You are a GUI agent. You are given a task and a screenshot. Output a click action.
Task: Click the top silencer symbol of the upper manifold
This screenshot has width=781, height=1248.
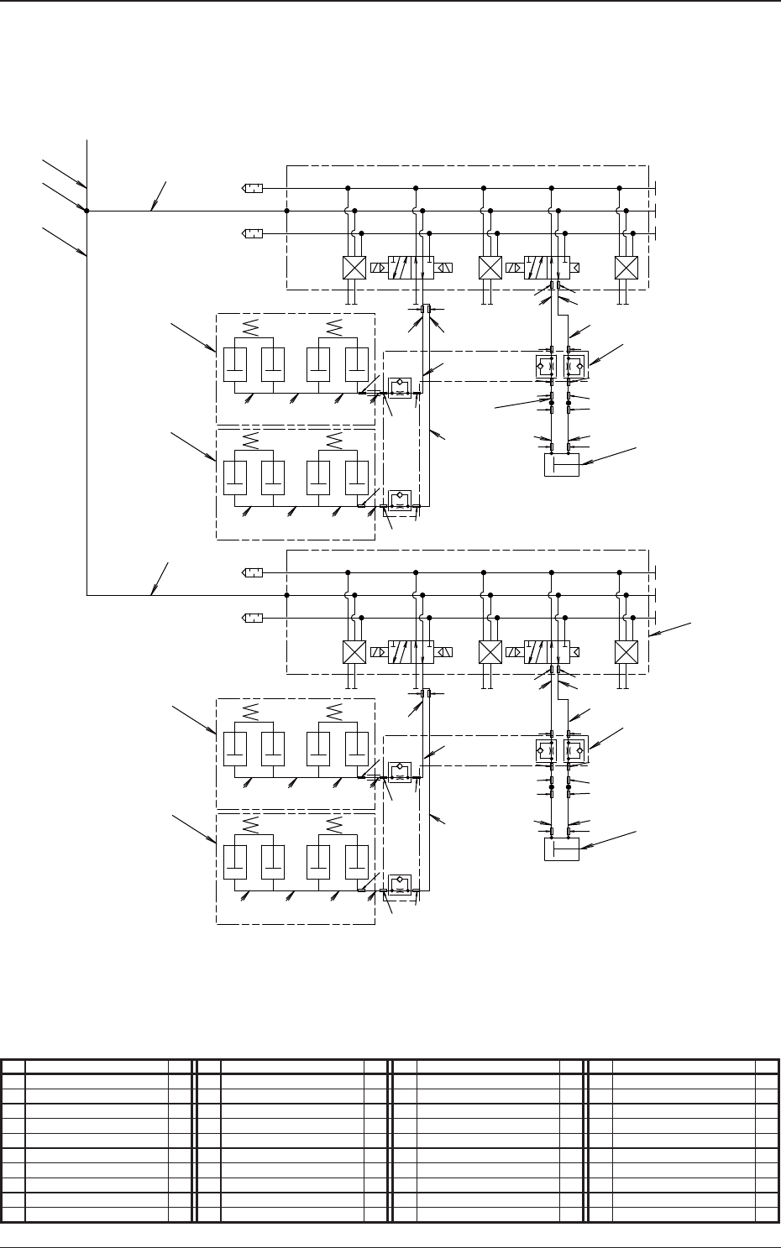252,188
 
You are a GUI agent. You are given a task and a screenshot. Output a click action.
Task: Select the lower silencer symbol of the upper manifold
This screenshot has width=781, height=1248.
252,233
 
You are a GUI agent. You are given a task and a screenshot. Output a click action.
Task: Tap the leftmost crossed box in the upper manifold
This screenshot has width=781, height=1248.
354,268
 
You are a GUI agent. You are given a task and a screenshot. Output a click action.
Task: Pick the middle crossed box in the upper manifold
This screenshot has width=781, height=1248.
490,268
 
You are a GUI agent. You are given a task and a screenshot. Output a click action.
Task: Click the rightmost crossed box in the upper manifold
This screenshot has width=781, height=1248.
626,268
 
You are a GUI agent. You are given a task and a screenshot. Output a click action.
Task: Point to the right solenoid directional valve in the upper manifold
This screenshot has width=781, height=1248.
547,268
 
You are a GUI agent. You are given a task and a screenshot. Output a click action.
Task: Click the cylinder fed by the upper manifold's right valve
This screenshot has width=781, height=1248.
561,464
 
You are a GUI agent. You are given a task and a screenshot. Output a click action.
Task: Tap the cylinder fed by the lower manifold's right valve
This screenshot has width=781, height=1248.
561,849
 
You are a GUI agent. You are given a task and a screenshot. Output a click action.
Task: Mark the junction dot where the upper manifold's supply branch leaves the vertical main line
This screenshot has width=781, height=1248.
87,211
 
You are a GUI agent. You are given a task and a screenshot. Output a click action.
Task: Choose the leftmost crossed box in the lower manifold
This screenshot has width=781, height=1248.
354,652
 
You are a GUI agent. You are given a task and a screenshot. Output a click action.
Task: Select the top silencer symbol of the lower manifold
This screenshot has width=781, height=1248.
252,572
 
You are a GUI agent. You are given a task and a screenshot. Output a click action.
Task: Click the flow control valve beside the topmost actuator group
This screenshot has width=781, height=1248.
400,385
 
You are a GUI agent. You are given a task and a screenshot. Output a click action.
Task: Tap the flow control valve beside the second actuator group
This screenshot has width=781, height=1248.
400,499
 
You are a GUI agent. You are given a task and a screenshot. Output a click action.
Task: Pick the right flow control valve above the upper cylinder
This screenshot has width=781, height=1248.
576,367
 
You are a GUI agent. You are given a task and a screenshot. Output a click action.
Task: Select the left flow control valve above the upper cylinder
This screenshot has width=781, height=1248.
544,367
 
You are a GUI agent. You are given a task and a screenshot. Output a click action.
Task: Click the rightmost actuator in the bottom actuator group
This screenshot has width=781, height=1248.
357,864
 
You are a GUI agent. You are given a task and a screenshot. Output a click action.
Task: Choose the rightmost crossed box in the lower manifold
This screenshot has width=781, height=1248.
626,652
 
